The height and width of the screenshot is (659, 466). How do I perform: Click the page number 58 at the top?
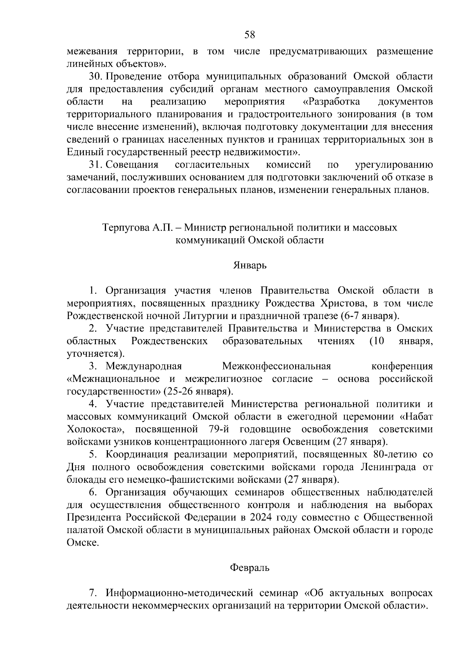pyautogui.click(x=250, y=35)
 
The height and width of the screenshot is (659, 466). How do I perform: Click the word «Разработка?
pyautogui.click(x=331, y=102)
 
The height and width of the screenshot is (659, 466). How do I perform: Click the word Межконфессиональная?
pyautogui.click(x=276, y=366)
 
